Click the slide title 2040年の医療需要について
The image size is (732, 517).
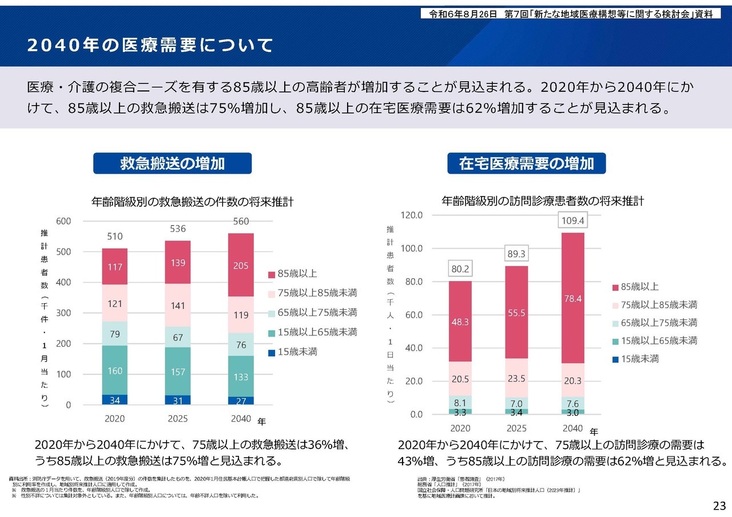[150, 46]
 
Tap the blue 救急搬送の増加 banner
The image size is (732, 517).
[172, 163]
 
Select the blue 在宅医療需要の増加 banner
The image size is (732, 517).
[526, 163]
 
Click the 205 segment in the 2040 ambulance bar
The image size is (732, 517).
[241, 266]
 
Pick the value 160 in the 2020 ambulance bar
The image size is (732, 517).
[115, 371]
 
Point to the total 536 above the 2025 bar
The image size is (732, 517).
[178, 229]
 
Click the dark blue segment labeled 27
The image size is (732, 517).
[241, 400]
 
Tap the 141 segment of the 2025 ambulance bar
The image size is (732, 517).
[178, 306]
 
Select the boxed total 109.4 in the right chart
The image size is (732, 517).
[573, 221]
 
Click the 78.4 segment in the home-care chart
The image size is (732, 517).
[573, 298]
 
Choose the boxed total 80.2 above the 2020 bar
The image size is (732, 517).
[460, 268]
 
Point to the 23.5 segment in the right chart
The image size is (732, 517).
[516, 378]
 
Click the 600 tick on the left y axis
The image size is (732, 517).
[63, 221]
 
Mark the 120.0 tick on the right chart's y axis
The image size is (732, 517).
[411, 215]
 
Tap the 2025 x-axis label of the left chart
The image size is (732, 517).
[178, 419]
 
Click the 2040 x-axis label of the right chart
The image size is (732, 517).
[573, 428]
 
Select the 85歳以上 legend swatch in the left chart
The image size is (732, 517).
[272, 275]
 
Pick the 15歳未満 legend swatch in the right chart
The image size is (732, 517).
[615, 359]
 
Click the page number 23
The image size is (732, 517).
[719, 506]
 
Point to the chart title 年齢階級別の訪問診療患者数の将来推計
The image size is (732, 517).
[543, 201]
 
